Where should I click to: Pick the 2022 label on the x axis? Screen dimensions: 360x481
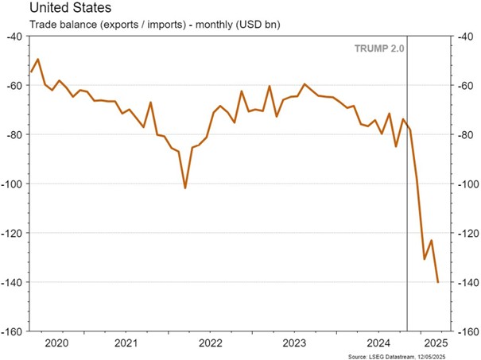[211, 343]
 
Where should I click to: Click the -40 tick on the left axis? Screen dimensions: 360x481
[14, 37]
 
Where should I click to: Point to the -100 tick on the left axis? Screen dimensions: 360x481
[12, 184]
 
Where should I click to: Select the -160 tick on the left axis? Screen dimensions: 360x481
[12, 331]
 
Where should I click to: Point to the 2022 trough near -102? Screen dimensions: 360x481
[185, 188]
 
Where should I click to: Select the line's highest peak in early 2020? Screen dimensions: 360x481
[38, 59]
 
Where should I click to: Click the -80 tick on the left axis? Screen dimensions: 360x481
[14, 135]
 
